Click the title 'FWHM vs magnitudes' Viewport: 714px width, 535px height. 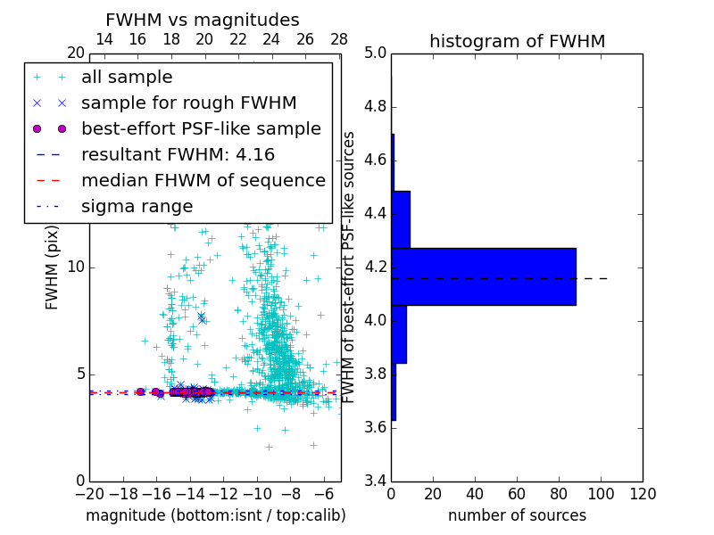203,21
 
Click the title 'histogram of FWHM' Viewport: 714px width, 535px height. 517,42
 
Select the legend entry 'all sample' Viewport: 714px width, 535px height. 127,78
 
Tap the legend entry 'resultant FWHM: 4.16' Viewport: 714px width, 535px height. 178,154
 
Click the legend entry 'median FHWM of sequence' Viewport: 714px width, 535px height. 203,180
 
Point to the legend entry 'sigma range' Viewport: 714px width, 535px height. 137,206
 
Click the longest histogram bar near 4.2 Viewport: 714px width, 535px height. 483,276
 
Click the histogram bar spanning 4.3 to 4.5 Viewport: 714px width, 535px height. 401,219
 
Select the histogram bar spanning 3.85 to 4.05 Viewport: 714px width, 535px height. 399,333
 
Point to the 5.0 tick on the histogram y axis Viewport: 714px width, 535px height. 376,53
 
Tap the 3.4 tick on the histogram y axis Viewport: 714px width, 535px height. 376,481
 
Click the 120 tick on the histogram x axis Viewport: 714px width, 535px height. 642,494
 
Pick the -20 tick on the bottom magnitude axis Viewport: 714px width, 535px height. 89,494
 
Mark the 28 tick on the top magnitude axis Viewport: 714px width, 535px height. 339,40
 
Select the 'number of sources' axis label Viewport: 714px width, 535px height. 517,515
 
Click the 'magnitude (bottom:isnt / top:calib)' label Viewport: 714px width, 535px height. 215,515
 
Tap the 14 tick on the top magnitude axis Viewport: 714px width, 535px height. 104,40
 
